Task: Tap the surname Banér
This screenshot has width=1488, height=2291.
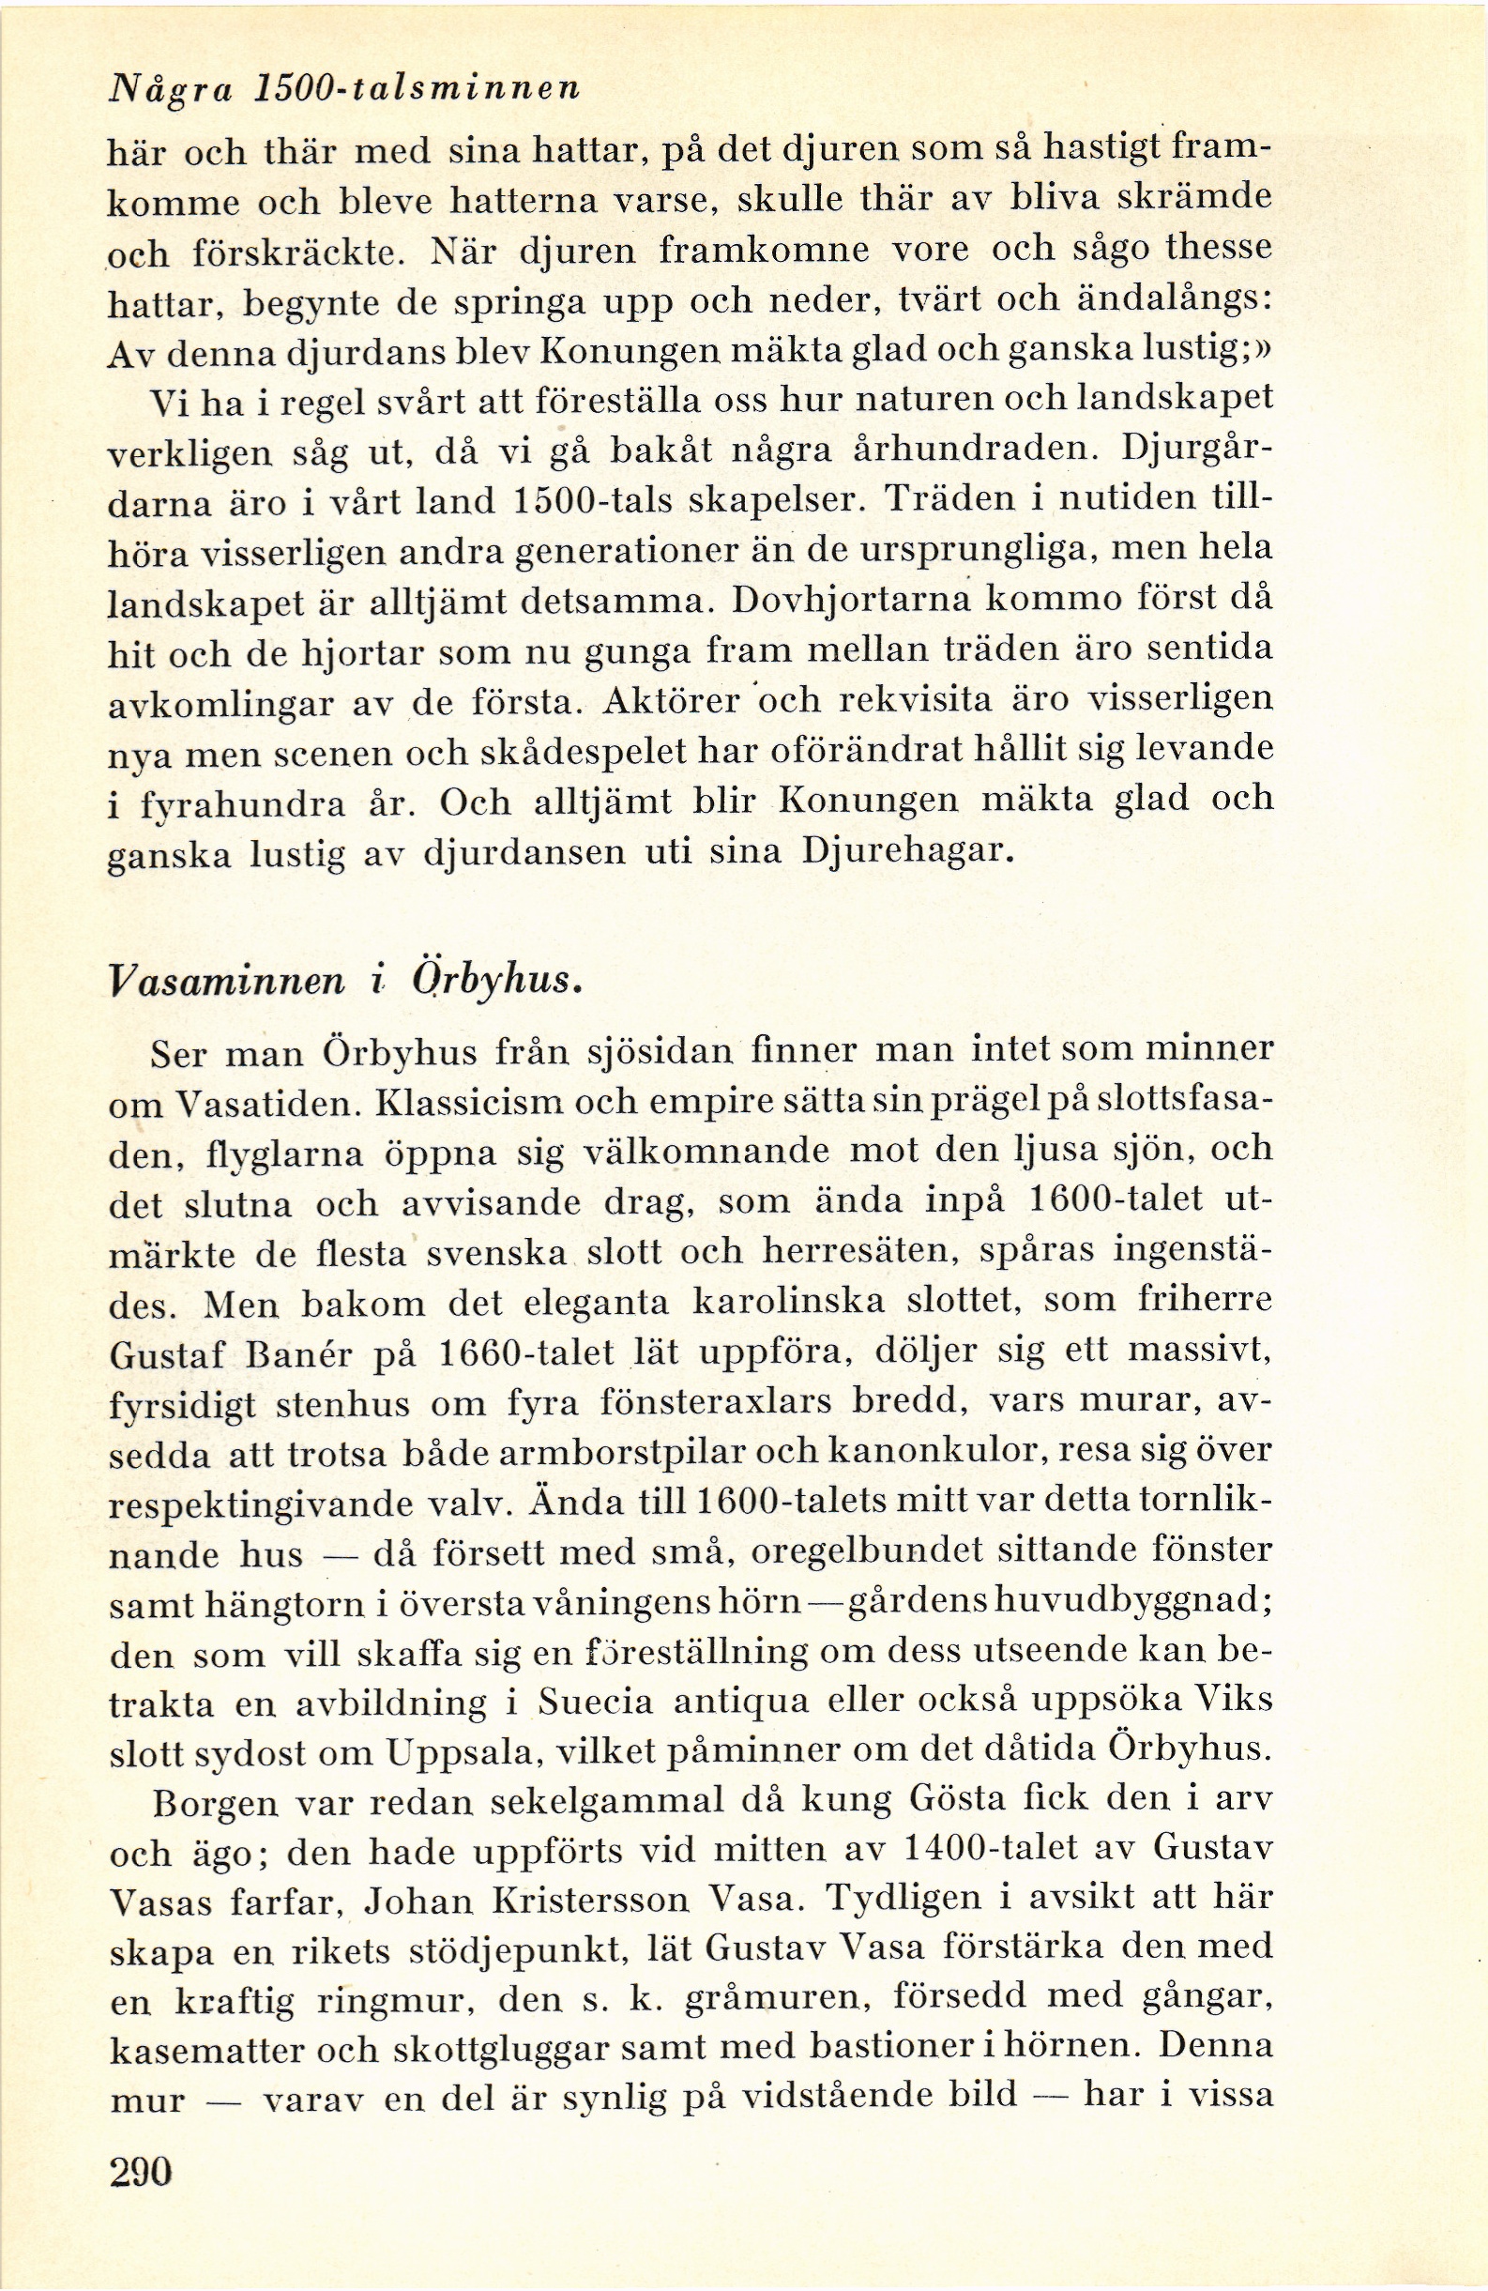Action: (x=305, y=1354)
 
